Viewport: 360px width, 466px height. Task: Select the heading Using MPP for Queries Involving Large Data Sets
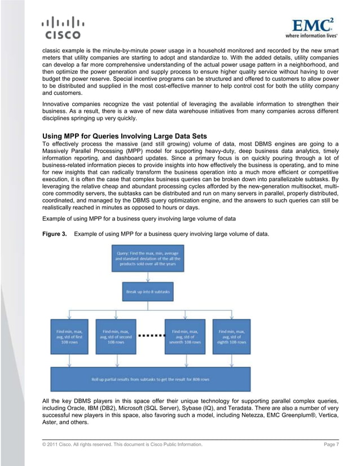pos(125,136)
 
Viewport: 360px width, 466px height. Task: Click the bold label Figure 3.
pos(56,233)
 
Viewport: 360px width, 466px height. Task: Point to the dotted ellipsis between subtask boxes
pos(150,335)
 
